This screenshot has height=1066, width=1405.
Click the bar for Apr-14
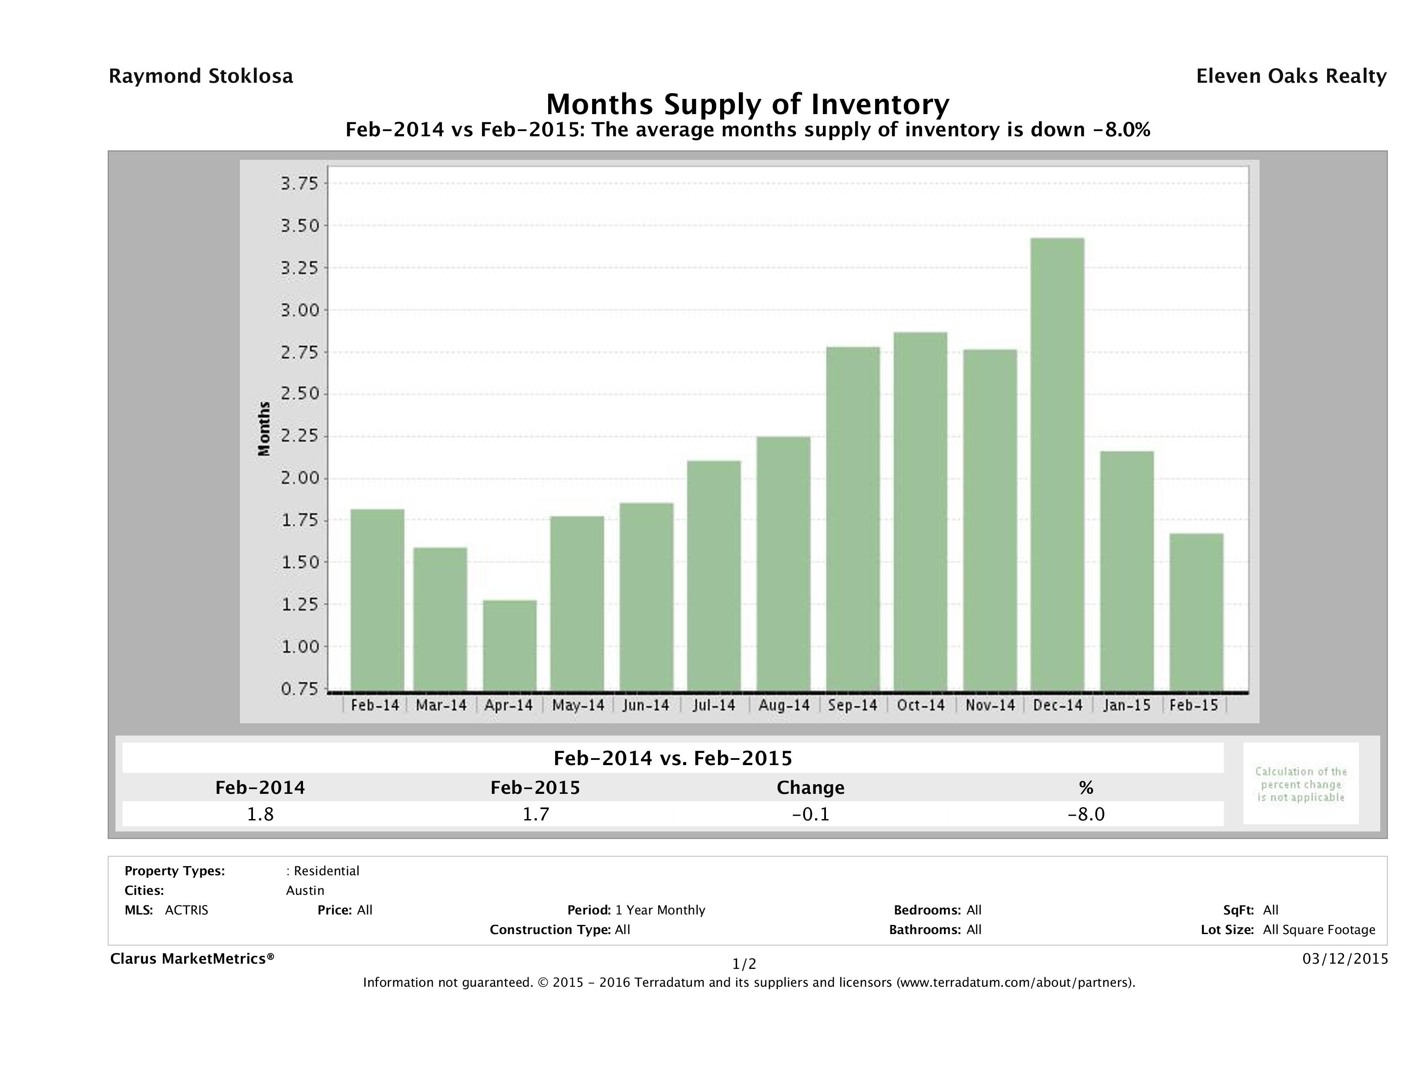pos(509,645)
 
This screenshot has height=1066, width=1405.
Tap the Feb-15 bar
pos(1196,612)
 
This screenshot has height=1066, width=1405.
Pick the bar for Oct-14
pos(920,511)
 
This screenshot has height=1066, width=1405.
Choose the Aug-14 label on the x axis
pos(784,705)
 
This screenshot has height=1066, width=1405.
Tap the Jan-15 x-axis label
pos(1127,705)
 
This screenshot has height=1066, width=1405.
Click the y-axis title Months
pos(264,429)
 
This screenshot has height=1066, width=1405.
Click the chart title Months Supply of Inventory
pos(748,104)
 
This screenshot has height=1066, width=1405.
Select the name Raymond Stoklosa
pos(201,76)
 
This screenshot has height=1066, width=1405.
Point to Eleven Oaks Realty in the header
pos(1290,76)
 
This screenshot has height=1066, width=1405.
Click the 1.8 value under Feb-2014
pos(260,814)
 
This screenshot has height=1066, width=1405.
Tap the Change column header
pos(811,788)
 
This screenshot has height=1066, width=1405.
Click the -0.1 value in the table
pos(811,814)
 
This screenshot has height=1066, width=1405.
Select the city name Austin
pos(305,891)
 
